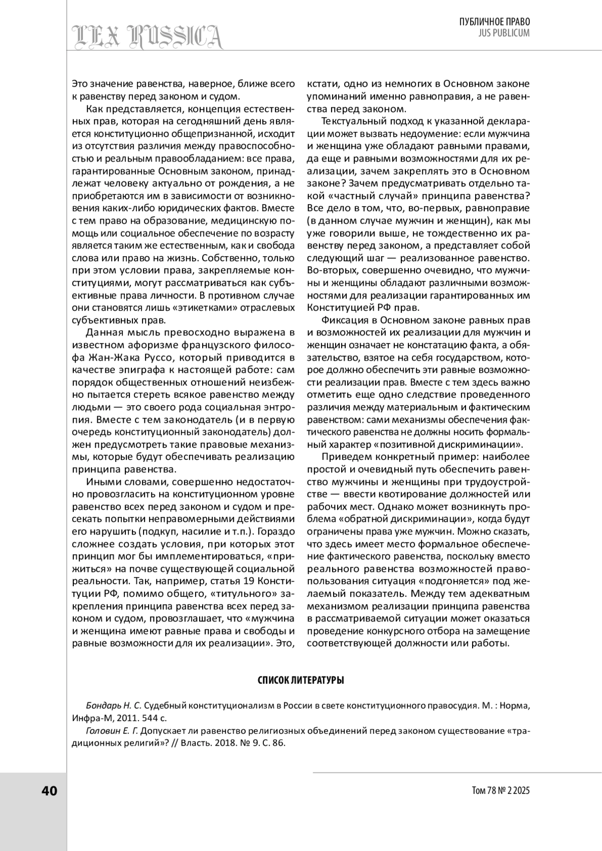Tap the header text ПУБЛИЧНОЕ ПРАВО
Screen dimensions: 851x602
[x=495, y=22]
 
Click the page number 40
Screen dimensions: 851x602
[x=50, y=791]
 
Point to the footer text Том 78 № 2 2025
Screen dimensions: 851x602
[x=501, y=791]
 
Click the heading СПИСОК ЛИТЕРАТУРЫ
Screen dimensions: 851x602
[x=300, y=680]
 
